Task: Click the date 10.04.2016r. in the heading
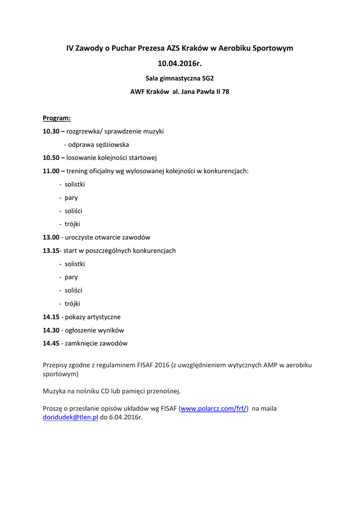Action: tap(180, 63)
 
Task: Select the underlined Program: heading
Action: tap(57, 118)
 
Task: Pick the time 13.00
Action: tap(51, 237)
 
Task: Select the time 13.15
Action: tap(51, 251)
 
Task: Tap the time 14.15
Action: tap(51, 317)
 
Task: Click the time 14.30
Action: tap(51, 330)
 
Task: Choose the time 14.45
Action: tap(51, 343)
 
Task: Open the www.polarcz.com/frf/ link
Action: tap(214, 409)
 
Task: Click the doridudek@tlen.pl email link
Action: tap(71, 418)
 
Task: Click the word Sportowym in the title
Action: tap(273, 48)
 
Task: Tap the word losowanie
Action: tap(81, 158)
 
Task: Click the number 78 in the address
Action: tap(225, 92)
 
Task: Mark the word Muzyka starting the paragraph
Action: tap(54, 391)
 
